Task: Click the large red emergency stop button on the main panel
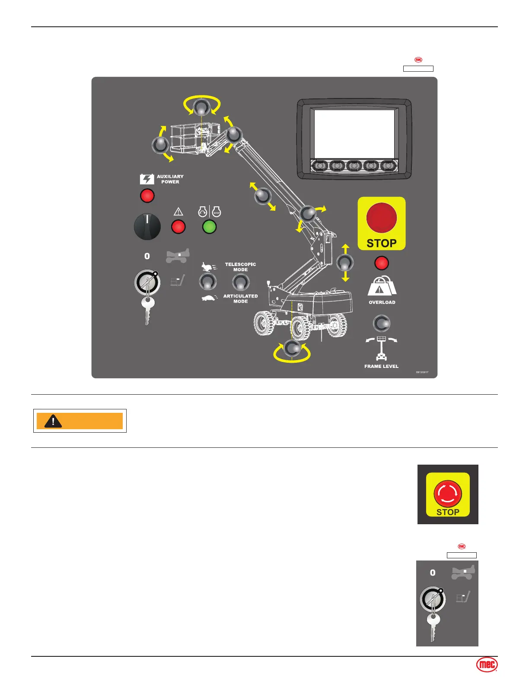(x=381, y=217)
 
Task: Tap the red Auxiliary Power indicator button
(x=147, y=196)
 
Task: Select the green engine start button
(x=209, y=227)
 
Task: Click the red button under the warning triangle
(x=178, y=227)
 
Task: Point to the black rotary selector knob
(x=147, y=227)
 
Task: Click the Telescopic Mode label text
(x=240, y=267)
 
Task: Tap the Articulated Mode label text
(x=240, y=299)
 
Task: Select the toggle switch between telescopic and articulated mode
(x=241, y=282)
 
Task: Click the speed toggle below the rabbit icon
(x=208, y=282)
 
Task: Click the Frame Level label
(x=381, y=366)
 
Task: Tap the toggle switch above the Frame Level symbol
(x=381, y=323)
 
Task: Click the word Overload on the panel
(x=382, y=302)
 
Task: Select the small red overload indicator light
(x=381, y=263)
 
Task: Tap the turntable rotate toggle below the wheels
(x=293, y=348)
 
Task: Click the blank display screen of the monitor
(x=354, y=133)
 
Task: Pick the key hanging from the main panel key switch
(x=147, y=310)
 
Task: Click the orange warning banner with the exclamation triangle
(x=80, y=421)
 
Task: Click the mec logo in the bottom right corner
(x=487, y=665)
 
